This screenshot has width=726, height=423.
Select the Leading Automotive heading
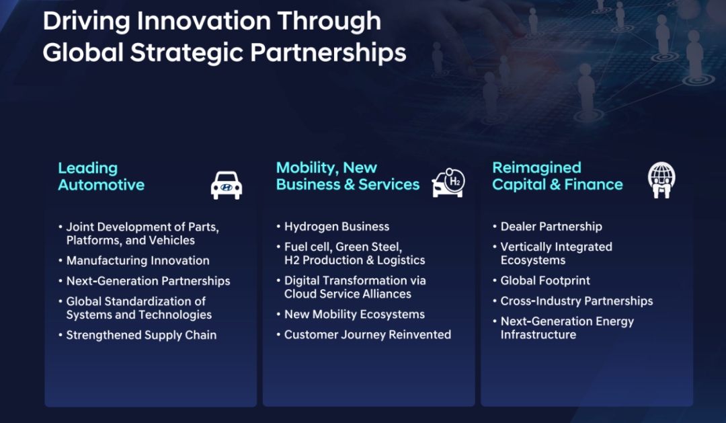point(101,176)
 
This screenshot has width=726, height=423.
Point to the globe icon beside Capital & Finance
point(661,180)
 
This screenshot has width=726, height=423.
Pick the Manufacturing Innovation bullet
point(138,260)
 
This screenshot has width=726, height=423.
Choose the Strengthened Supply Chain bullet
point(141,335)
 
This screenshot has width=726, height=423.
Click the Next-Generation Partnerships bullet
point(148,281)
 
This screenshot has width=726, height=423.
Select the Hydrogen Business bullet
point(337,227)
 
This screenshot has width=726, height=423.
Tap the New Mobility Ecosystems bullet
point(354,314)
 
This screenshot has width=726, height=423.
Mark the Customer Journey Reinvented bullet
point(367,335)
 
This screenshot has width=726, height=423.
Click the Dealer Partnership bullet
point(551,227)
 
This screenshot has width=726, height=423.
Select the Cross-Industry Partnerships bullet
point(577,301)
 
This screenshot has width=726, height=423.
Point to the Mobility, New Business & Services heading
point(348,176)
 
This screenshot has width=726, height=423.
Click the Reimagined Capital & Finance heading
point(557,176)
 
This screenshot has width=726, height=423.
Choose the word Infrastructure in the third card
point(538,335)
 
